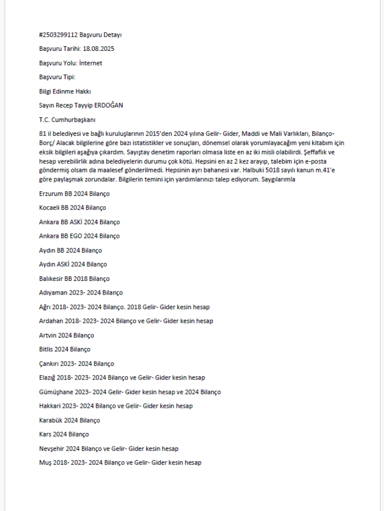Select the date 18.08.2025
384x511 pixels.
coord(99,49)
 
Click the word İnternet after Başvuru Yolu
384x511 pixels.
coord(89,63)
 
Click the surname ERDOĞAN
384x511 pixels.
coord(108,105)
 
